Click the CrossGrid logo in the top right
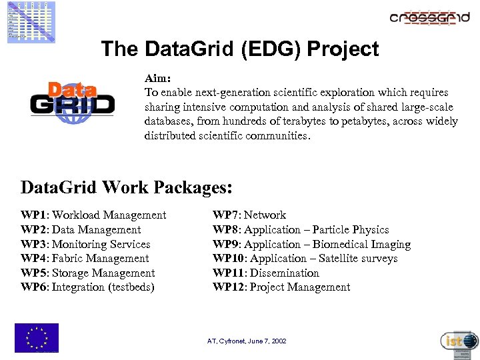click(429, 17)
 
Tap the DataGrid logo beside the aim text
click(73, 102)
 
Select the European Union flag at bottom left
click(37, 337)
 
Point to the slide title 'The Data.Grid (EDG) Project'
click(240, 49)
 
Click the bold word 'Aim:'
click(158, 78)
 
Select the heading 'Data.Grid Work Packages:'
click(127, 187)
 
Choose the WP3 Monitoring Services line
click(85, 244)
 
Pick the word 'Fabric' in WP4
click(67, 258)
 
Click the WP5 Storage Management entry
click(88, 273)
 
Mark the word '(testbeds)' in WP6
click(131, 287)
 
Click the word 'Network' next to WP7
click(265, 215)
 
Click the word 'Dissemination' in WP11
click(285, 273)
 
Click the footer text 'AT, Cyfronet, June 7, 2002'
click(247, 341)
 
